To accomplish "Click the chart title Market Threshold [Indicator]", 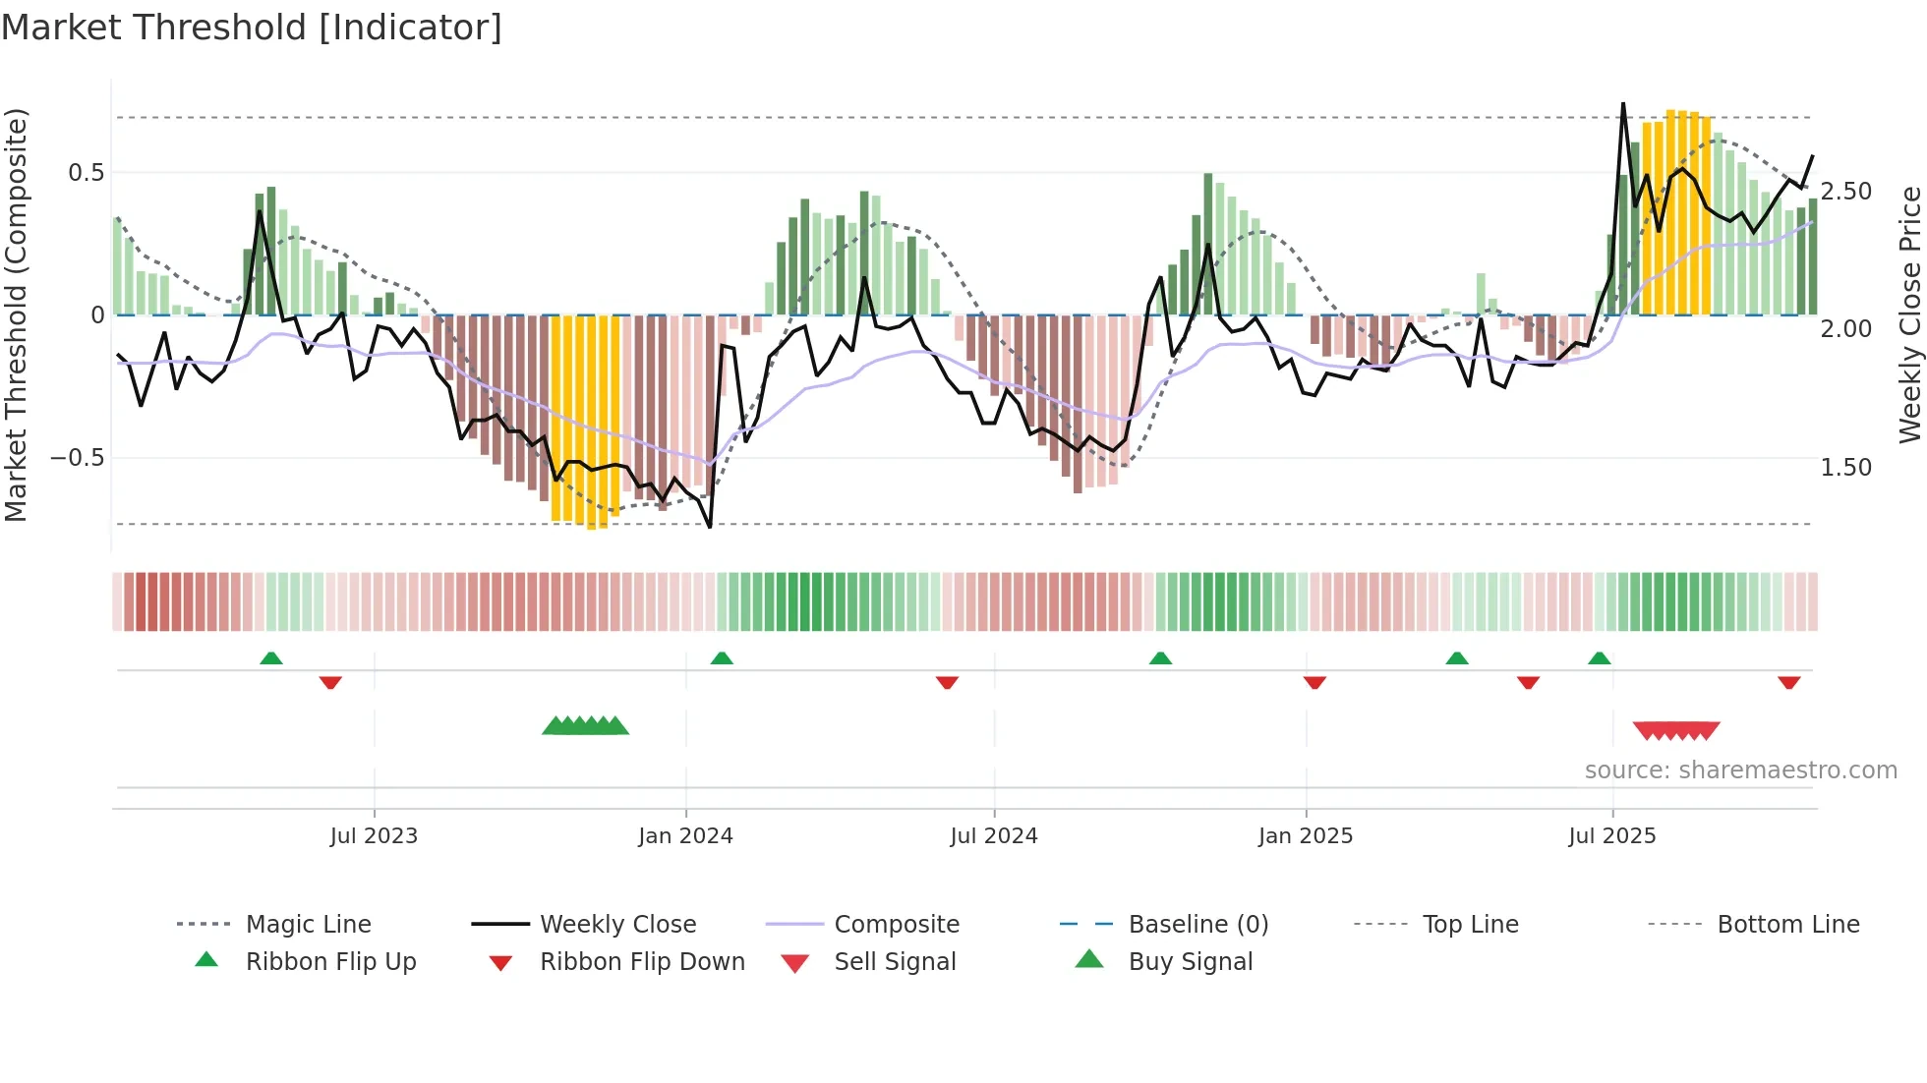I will click(x=252, y=28).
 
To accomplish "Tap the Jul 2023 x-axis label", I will click(x=374, y=836).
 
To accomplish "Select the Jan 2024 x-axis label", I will click(x=685, y=836).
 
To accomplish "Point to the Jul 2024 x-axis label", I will click(x=994, y=836).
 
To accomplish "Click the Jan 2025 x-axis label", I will click(x=1306, y=836).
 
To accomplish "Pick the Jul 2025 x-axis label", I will click(x=1612, y=836).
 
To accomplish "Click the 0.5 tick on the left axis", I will click(x=86, y=173).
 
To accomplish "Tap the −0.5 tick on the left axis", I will click(x=77, y=458).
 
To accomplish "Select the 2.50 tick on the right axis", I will click(x=1845, y=192).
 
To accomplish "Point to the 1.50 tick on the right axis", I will click(x=1845, y=468).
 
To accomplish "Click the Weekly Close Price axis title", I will click(x=1909, y=314).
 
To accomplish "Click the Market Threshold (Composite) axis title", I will click(x=16, y=314).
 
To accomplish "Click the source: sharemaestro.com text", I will click(x=1740, y=770).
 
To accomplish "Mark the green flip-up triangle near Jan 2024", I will click(x=722, y=658).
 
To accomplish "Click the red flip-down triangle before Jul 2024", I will click(x=947, y=682).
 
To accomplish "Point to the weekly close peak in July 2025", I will click(x=1623, y=103).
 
